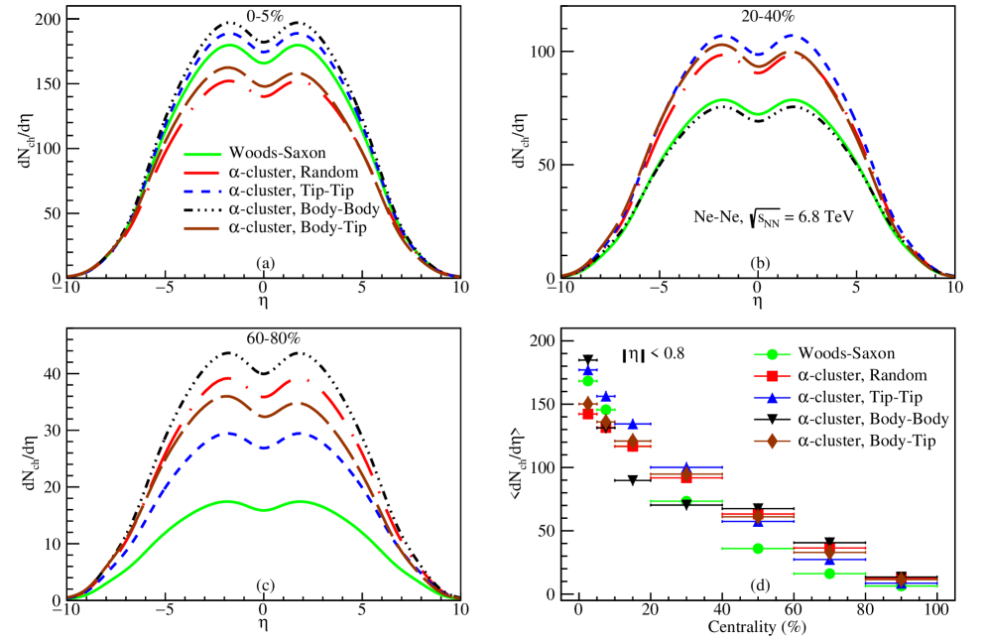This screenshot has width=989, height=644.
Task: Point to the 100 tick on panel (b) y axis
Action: [539, 52]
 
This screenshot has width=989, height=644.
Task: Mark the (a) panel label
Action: [263, 263]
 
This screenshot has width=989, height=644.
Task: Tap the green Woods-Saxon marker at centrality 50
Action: [758, 549]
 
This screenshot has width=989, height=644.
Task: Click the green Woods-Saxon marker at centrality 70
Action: [829, 574]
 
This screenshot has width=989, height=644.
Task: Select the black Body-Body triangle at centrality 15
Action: [633, 480]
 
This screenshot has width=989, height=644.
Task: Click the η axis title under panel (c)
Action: [263, 623]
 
